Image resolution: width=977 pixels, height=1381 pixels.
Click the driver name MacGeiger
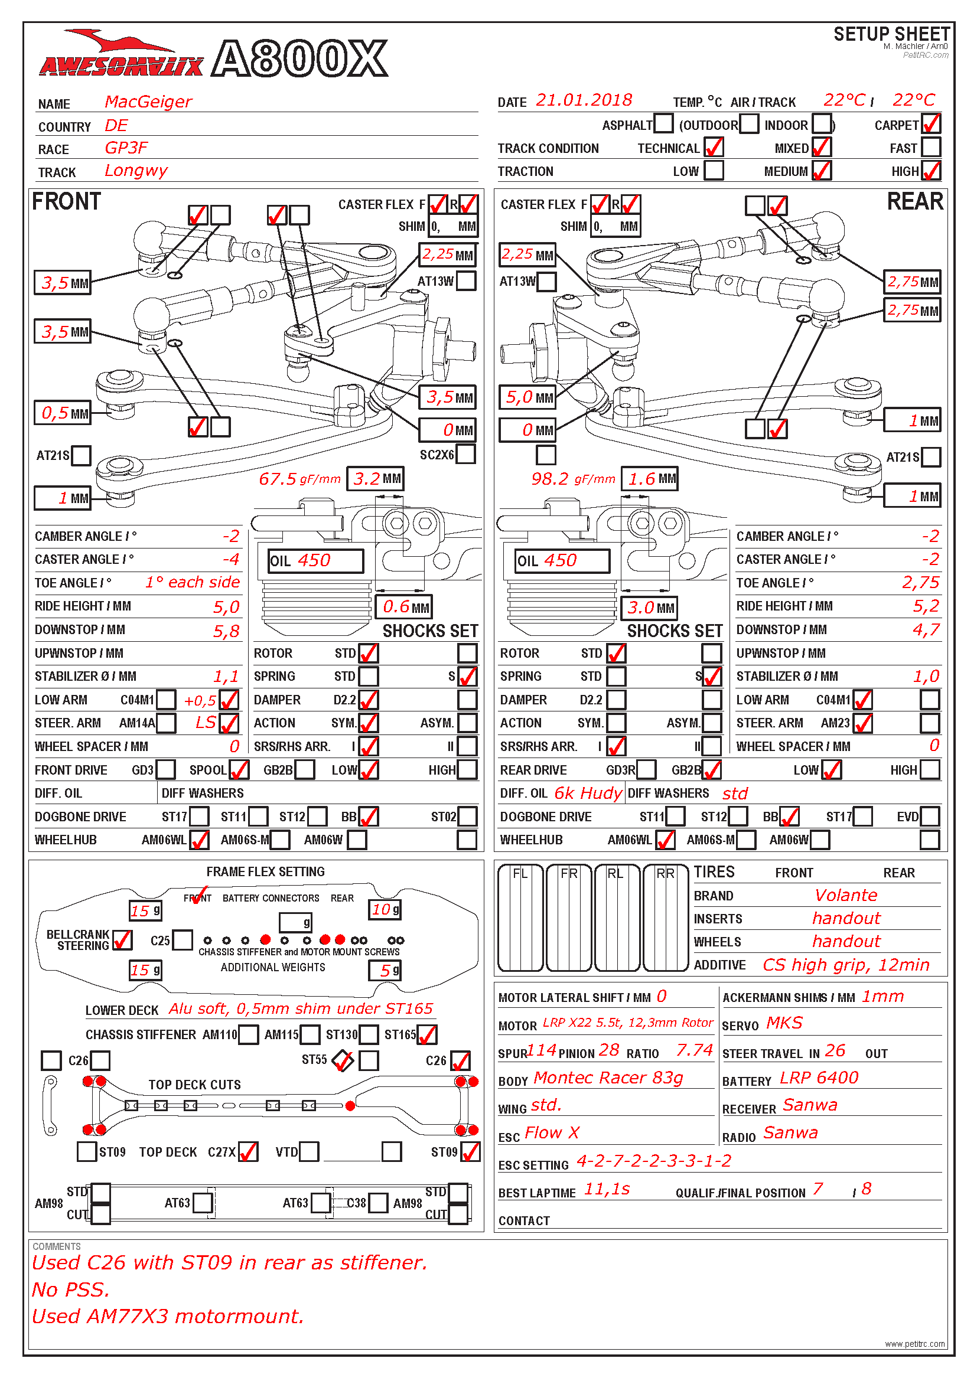148,102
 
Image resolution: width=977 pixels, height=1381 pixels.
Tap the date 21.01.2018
584,100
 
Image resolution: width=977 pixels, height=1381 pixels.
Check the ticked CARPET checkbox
931,124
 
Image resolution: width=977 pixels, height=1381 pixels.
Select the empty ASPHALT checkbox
663,124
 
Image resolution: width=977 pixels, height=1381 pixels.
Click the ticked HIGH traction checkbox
931,171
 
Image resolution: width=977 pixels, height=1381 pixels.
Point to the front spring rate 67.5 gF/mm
299,479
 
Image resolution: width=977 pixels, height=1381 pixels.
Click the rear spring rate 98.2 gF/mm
573,479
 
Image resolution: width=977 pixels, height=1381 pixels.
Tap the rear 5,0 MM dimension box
527,397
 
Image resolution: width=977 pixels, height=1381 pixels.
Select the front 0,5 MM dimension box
63,413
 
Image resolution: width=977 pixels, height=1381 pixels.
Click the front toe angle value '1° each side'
192,582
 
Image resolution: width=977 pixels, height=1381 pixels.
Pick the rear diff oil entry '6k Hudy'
587,794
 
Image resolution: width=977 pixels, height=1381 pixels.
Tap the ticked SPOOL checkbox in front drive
239,770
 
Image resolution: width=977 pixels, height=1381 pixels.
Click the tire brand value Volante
845,895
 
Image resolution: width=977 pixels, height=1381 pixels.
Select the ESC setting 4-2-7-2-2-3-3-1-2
654,1161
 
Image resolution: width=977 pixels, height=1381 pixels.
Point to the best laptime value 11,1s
607,1189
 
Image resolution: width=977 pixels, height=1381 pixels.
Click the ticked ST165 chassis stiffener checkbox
426,1034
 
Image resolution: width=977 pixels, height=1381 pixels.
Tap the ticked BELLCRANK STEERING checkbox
122,940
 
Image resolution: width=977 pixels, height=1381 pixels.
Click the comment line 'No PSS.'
71,1289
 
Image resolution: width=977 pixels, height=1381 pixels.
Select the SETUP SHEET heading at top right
891,34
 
